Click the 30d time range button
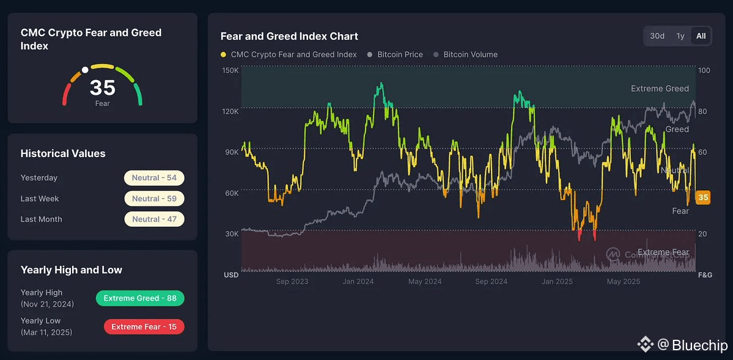pyautogui.click(x=657, y=36)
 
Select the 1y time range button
pyautogui.click(x=680, y=36)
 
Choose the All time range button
pyautogui.click(x=701, y=36)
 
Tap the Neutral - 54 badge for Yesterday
pyautogui.click(x=154, y=178)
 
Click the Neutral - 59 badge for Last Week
pyautogui.click(x=154, y=199)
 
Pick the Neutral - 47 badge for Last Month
pyautogui.click(x=154, y=219)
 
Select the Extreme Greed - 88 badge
pyautogui.click(x=140, y=298)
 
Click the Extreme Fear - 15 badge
pyautogui.click(x=144, y=327)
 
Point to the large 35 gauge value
pyautogui.click(x=102, y=88)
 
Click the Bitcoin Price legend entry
pyautogui.click(x=400, y=54)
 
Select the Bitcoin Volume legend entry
pyautogui.click(x=470, y=54)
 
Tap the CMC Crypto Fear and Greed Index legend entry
pyautogui.click(x=293, y=54)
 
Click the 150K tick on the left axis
pyautogui.click(x=230, y=70)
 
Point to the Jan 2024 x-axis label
pyautogui.click(x=358, y=282)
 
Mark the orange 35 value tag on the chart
pyautogui.click(x=703, y=197)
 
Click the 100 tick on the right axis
pyautogui.click(x=704, y=70)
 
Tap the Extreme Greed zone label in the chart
pyautogui.click(x=660, y=89)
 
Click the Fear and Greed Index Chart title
pyautogui.click(x=289, y=36)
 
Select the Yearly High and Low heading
pyautogui.click(x=72, y=270)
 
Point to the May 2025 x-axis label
pyautogui.click(x=623, y=282)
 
